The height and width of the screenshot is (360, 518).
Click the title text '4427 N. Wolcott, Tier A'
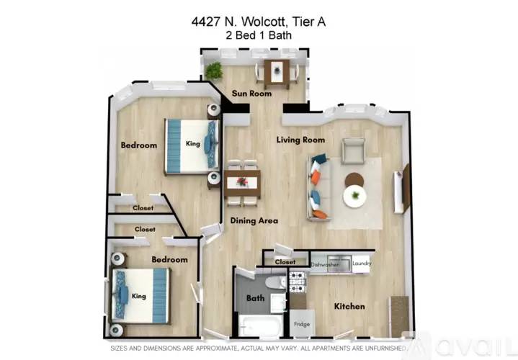(x=259, y=22)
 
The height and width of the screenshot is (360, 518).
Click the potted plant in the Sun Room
(x=213, y=70)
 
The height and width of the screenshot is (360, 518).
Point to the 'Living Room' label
(x=300, y=140)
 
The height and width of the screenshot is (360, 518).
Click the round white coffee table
(x=354, y=195)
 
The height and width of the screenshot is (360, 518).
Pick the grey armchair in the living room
(x=353, y=151)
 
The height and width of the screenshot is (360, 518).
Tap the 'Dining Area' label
(x=254, y=221)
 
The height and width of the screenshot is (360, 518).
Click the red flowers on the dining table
(x=241, y=181)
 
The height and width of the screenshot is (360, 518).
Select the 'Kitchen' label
(x=349, y=307)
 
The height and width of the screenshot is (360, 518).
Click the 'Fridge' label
(x=302, y=325)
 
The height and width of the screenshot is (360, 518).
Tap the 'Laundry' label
(x=361, y=264)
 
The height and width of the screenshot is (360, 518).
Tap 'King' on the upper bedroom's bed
(x=192, y=144)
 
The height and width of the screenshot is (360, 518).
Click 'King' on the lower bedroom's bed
(x=138, y=296)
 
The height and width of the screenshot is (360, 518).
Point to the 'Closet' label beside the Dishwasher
(x=285, y=262)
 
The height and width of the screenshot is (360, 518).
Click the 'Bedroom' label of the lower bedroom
(x=169, y=259)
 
